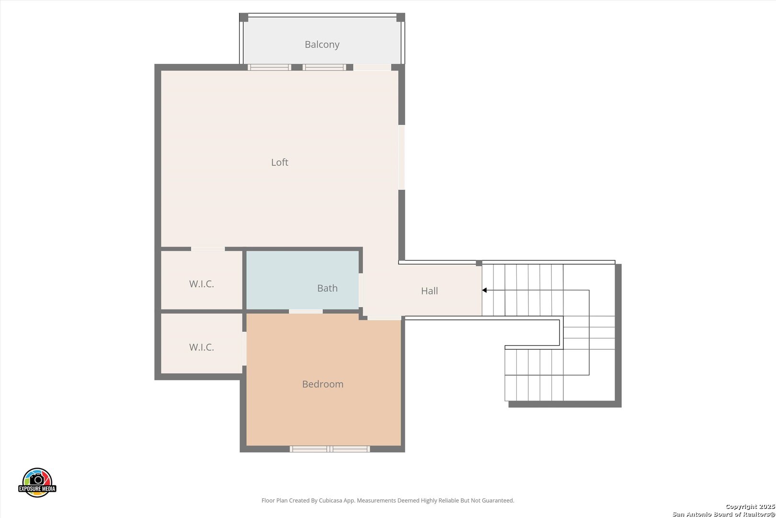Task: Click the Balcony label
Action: tap(322, 45)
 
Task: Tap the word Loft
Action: tap(280, 162)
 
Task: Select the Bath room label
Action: tap(327, 288)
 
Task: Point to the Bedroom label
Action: tap(322, 384)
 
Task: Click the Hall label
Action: tap(429, 291)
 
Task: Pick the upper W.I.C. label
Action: tap(201, 284)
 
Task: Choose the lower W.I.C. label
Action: tap(201, 347)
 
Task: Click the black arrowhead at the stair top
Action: tap(484, 290)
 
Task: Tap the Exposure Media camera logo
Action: tap(37, 482)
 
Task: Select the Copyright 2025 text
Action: tap(750, 507)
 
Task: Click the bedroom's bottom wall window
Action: tap(330, 449)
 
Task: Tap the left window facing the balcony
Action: tap(270, 67)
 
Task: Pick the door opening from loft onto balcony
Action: tap(372, 67)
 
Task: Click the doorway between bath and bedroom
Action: tap(306, 312)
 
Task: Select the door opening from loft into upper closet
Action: tap(208, 249)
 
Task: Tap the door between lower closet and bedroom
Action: tap(244, 348)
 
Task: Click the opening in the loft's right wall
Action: tap(401, 157)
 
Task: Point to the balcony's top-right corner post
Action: tap(400, 17)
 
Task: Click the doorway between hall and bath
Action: tap(361, 290)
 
